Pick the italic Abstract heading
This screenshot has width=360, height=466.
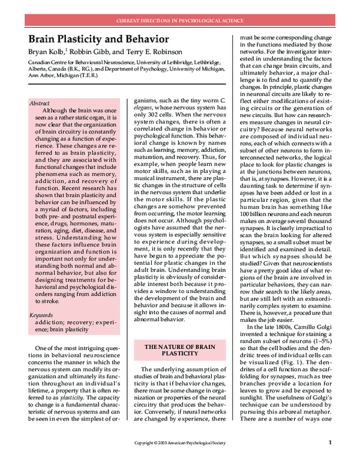click(40, 103)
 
